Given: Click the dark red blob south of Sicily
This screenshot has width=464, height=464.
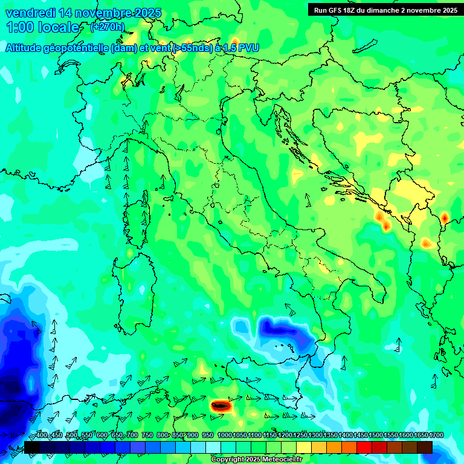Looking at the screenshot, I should pos(221,406).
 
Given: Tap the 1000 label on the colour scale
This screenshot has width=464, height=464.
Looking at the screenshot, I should pos(225,436).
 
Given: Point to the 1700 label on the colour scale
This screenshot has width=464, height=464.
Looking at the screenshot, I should pos(421,436).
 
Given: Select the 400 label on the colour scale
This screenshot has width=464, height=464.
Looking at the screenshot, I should pos(42,436).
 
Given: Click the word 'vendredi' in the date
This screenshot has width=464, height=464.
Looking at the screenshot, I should pos(31,13).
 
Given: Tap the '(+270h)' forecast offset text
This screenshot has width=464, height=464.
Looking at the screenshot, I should pos(108,27).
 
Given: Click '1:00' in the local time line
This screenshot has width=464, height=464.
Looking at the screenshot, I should pos(19,27).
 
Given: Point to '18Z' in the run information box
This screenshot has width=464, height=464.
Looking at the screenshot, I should pos(356,10).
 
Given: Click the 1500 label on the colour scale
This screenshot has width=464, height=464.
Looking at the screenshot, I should pos(376,436).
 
